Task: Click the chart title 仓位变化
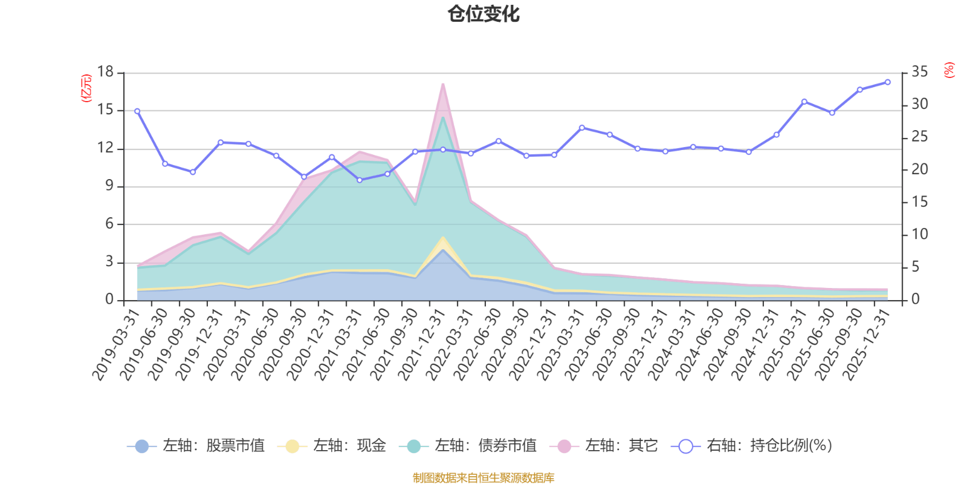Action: pos(483,14)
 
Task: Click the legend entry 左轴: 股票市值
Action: pos(196,446)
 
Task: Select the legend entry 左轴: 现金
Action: pos(332,446)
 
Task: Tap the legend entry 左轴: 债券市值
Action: pos(468,446)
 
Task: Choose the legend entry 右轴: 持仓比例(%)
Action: pos(752,446)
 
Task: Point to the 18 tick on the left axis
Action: pos(105,72)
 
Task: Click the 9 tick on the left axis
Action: pos(109,186)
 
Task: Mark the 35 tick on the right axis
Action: pos(919,72)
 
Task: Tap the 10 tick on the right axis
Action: pos(919,234)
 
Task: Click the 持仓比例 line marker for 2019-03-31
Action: pos(137,111)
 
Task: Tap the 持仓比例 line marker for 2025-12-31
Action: pos(888,82)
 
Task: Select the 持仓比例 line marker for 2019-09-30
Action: pos(193,172)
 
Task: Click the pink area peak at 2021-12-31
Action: pos(443,85)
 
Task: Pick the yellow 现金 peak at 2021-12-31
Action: pos(443,238)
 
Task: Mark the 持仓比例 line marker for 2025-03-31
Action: pos(804,102)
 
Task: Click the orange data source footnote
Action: pos(483,478)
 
